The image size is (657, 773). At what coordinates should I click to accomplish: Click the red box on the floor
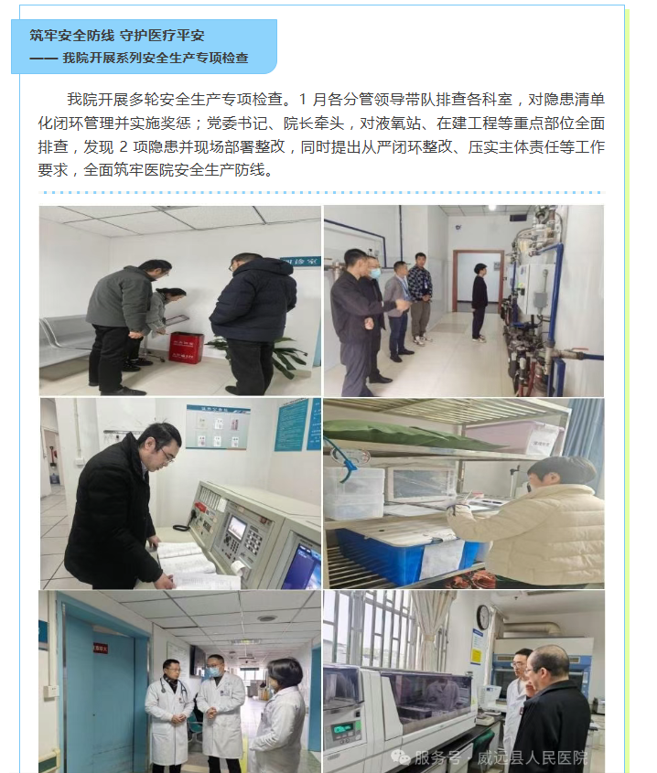[187, 348]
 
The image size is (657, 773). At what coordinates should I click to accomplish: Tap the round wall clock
[483, 617]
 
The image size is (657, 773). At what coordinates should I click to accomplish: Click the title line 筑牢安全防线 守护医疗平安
[117, 36]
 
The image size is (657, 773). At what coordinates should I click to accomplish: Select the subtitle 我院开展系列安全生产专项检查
[156, 59]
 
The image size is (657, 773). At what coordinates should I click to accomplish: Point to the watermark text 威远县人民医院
[532, 757]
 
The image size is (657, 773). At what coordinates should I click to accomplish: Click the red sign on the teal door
[101, 649]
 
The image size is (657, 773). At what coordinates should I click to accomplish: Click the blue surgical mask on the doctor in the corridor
[213, 671]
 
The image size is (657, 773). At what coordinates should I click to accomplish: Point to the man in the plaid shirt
[420, 299]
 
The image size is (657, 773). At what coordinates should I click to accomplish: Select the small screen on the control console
[237, 528]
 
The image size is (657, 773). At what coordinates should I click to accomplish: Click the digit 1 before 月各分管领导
[302, 100]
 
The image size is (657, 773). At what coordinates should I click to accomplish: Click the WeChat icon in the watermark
[400, 757]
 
